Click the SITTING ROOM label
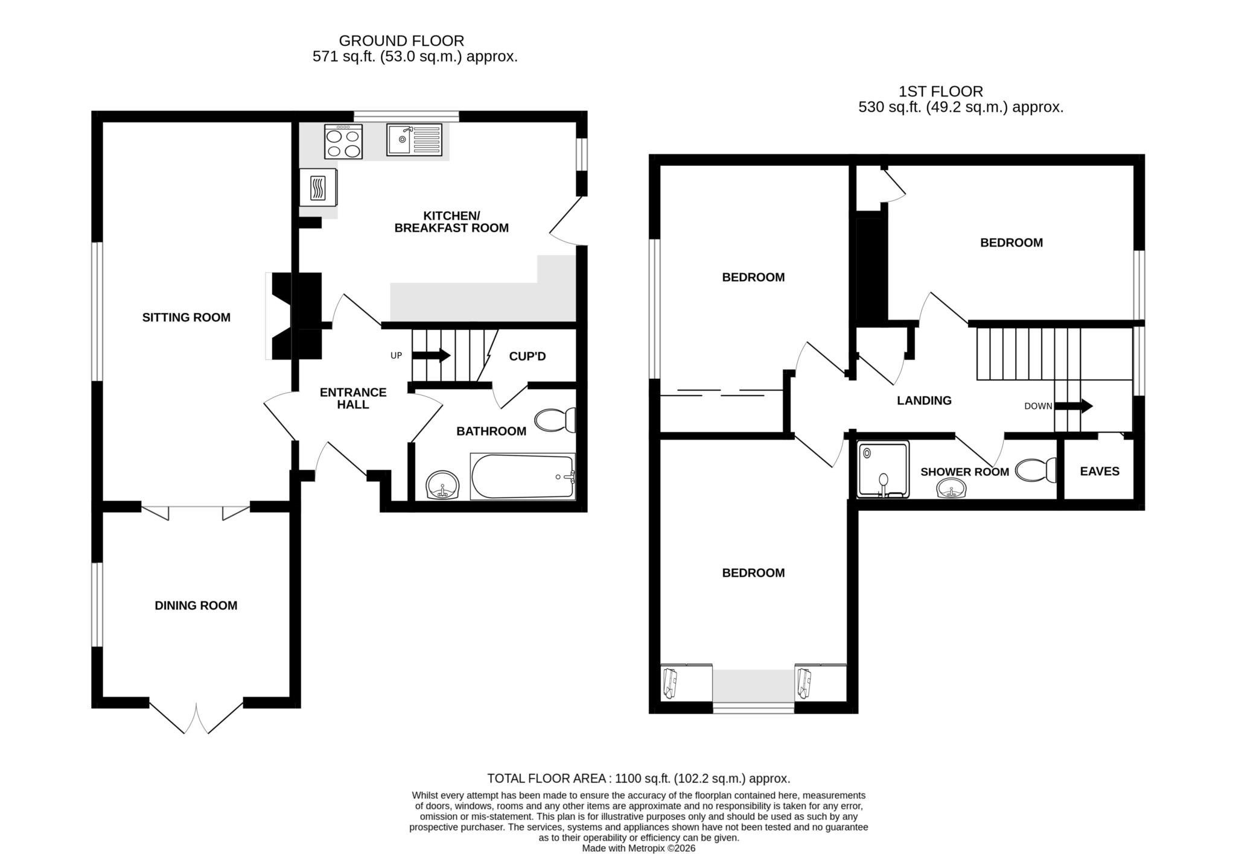(x=186, y=317)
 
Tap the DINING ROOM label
(x=196, y=606)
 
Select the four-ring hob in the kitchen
(x=343, y=142)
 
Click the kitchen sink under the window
(x=414, y=140)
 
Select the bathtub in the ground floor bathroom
(x=522, y=477)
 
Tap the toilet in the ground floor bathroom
(x=555, y=420)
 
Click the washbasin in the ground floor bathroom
(x=442, y=485)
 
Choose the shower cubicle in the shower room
(x=883, y=469)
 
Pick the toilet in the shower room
(x=1036, y=470)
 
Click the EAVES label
(x=1099, y=472)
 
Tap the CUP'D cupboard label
(x=527, y=356)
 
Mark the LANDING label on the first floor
(x=923, y=400)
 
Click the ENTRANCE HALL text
(x=353, y=398)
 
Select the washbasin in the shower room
(x=952, y=488)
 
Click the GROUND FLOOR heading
(x=401, y=41)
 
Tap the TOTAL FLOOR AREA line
(x=638, y=778)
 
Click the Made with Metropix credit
(x=638, y=848)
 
